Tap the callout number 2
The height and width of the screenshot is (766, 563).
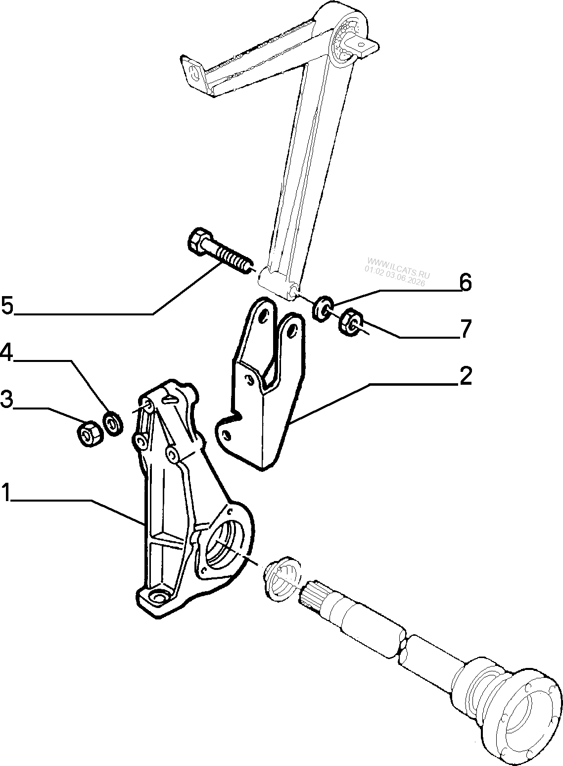coord(465,375)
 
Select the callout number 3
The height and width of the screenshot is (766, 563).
coord(6,400)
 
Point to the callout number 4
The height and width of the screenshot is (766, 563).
coord(6,352)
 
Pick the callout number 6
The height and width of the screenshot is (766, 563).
coord(466,282)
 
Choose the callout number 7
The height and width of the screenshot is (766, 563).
coord(466,329)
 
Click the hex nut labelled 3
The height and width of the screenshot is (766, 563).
coord(90,434)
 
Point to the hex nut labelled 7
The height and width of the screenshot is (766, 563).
coord(350,322)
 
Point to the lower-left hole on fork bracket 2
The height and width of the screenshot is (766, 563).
coord(225,435)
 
